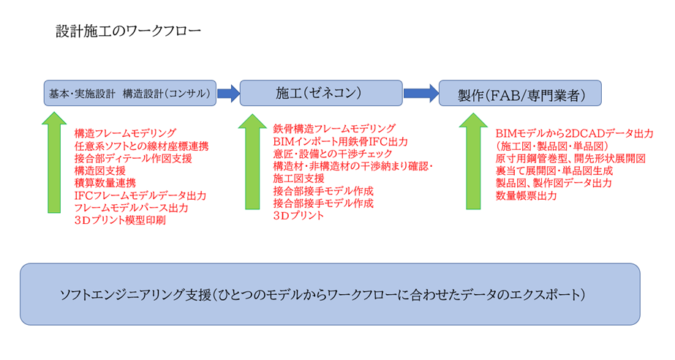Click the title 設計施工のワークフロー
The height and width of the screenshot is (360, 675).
coord(128,31)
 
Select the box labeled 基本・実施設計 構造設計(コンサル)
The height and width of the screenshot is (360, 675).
coord(129,93)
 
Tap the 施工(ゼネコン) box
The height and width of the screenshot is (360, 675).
coord(320,93)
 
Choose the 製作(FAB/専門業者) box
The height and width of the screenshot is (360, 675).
coord(520,94)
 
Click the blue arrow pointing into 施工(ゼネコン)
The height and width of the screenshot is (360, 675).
coord(228,93)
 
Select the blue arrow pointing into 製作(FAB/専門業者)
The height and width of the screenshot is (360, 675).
coord(421,93)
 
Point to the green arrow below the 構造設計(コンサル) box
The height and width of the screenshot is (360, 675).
coord(53,161)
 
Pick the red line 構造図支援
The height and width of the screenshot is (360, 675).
coord(100,170)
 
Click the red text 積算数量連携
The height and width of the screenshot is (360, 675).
coord(105,183)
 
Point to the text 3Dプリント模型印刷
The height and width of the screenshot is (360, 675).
coord(120,220)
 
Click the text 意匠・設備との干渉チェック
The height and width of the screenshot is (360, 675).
coord(333,154)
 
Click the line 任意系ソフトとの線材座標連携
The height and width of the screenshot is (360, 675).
coord(141,146)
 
